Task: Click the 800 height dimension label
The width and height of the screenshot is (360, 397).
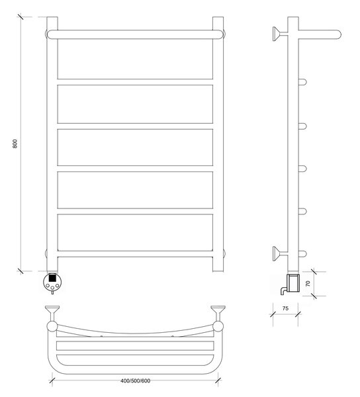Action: point(15,144)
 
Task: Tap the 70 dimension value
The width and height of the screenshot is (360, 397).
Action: point(308,283)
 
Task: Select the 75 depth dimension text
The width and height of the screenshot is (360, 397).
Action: point(285,308)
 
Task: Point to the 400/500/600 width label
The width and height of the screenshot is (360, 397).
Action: point(135,380)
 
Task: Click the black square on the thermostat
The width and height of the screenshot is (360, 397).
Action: point(52,278)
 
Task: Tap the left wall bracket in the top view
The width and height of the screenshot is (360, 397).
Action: point(52,313)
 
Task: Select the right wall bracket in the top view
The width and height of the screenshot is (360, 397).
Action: point(218,313)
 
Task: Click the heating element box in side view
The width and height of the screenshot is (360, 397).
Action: point(293,285)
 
